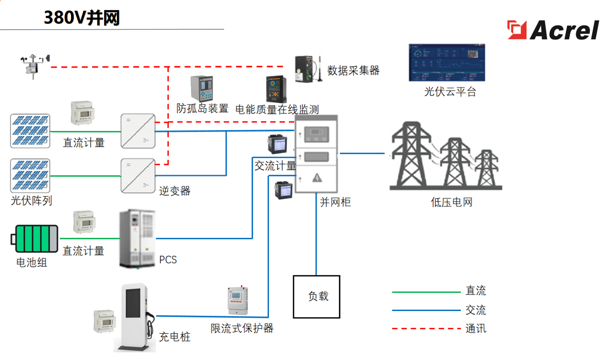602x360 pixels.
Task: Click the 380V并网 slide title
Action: [82, 18]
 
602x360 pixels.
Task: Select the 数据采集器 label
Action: [353, 71]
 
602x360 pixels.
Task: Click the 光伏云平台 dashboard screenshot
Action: [447, 63]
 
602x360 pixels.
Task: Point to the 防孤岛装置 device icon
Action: [202, 88]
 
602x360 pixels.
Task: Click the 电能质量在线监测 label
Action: [277, 109]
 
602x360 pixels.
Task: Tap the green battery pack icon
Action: [36, 239]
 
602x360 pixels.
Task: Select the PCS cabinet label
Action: [168, 260]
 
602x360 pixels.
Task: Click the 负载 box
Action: [316, 296]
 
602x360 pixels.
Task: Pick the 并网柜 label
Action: [335, 201]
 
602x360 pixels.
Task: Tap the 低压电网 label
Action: [451, 202]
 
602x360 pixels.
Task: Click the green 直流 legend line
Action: [426, 292]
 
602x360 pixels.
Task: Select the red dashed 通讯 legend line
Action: [426, 329]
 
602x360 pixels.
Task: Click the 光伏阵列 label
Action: [31, 201]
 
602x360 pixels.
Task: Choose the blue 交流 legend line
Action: [426, 311]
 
